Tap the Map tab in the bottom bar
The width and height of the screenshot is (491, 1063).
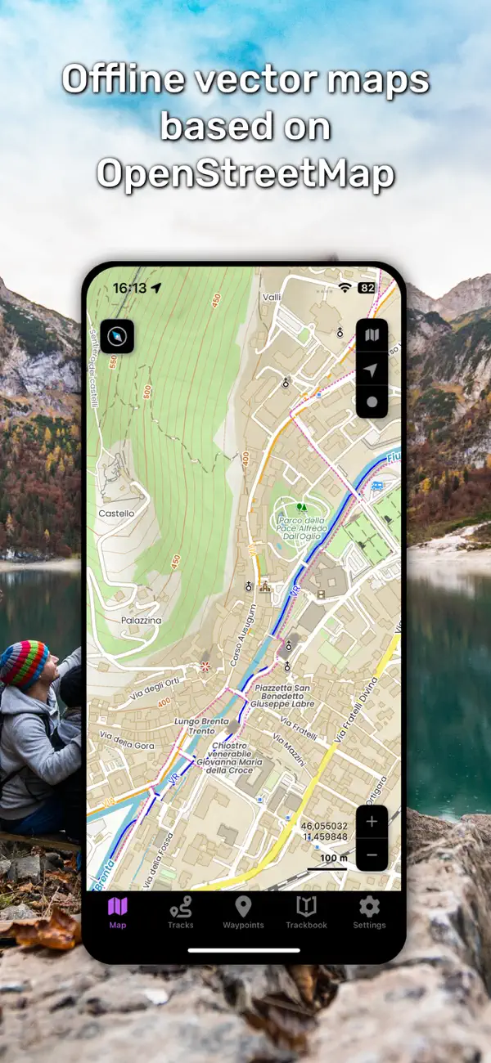tap(118, 912)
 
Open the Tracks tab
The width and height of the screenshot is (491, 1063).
tap(180, 912)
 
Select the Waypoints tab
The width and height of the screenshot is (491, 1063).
tap(243, 912)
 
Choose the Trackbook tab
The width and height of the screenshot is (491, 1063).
tap(306, 912)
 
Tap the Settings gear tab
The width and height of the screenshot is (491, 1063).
tap(369, 912)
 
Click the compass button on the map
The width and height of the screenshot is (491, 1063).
tap(117, 336)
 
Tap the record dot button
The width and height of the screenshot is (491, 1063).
tap(372, 401)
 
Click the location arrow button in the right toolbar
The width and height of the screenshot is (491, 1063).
tap(372, 370)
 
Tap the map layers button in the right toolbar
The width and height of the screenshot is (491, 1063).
tap(372, 336)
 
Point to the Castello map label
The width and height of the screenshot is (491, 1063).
tap(115, 514)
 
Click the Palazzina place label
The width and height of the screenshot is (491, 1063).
tap(119, 621)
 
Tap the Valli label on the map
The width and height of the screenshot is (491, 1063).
tap(272, 299)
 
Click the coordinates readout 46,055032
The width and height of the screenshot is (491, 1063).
tap(324, 827)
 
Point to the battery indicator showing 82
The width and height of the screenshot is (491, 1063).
tap(367, 288)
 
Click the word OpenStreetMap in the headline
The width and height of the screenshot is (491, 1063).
tap(245, 173)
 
